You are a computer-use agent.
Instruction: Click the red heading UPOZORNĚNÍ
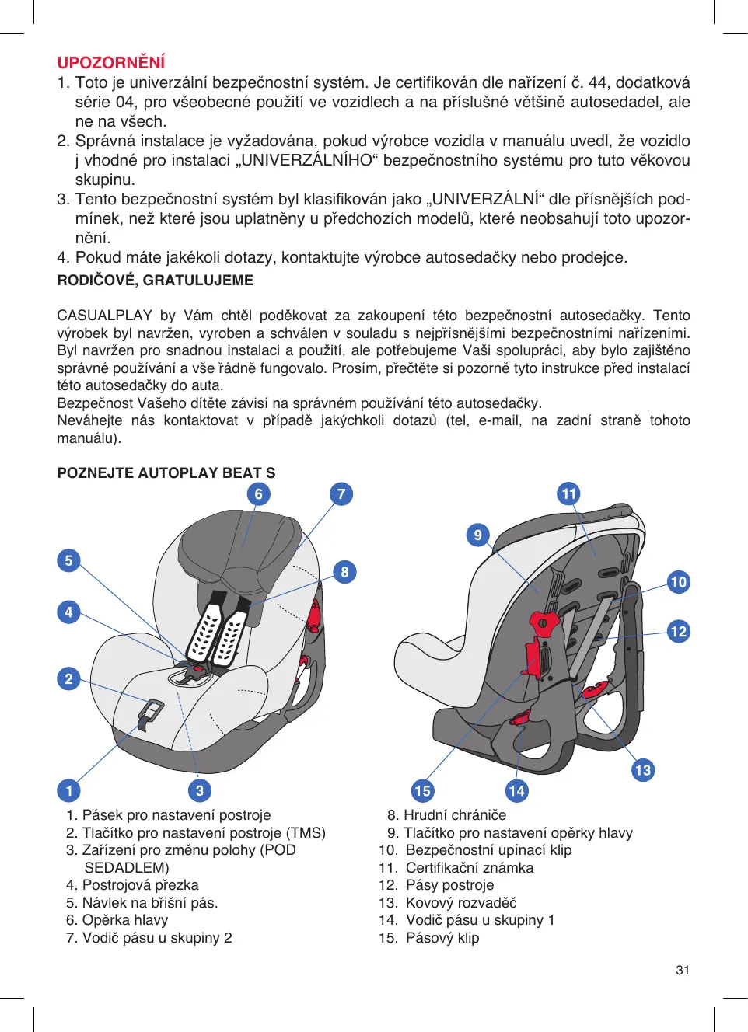click(x=111, y=63)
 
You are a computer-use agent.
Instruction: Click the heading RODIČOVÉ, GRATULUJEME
click(x=155, y=281)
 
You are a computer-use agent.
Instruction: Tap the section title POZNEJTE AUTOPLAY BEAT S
click(x=166, y=473)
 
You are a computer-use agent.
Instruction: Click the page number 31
click(x=683, y=970)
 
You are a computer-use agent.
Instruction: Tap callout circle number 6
click(x=258, y=494)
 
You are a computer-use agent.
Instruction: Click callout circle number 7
click(x=341, y=494)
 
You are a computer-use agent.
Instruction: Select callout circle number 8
click(x=344, y=572)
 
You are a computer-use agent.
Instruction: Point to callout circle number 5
click(x=68, y=560)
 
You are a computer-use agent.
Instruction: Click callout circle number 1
click(x=68, y=791)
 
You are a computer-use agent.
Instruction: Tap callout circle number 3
click(x=200, y=791)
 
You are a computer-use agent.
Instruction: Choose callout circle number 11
click(x=569, y=494)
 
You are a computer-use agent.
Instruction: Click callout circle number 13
click(x=643, y=770)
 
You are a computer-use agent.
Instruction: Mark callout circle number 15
click(x=422, y=791)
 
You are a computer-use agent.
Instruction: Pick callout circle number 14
click(x=516, y=791)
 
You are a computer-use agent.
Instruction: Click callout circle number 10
click(x=679, y=582)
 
